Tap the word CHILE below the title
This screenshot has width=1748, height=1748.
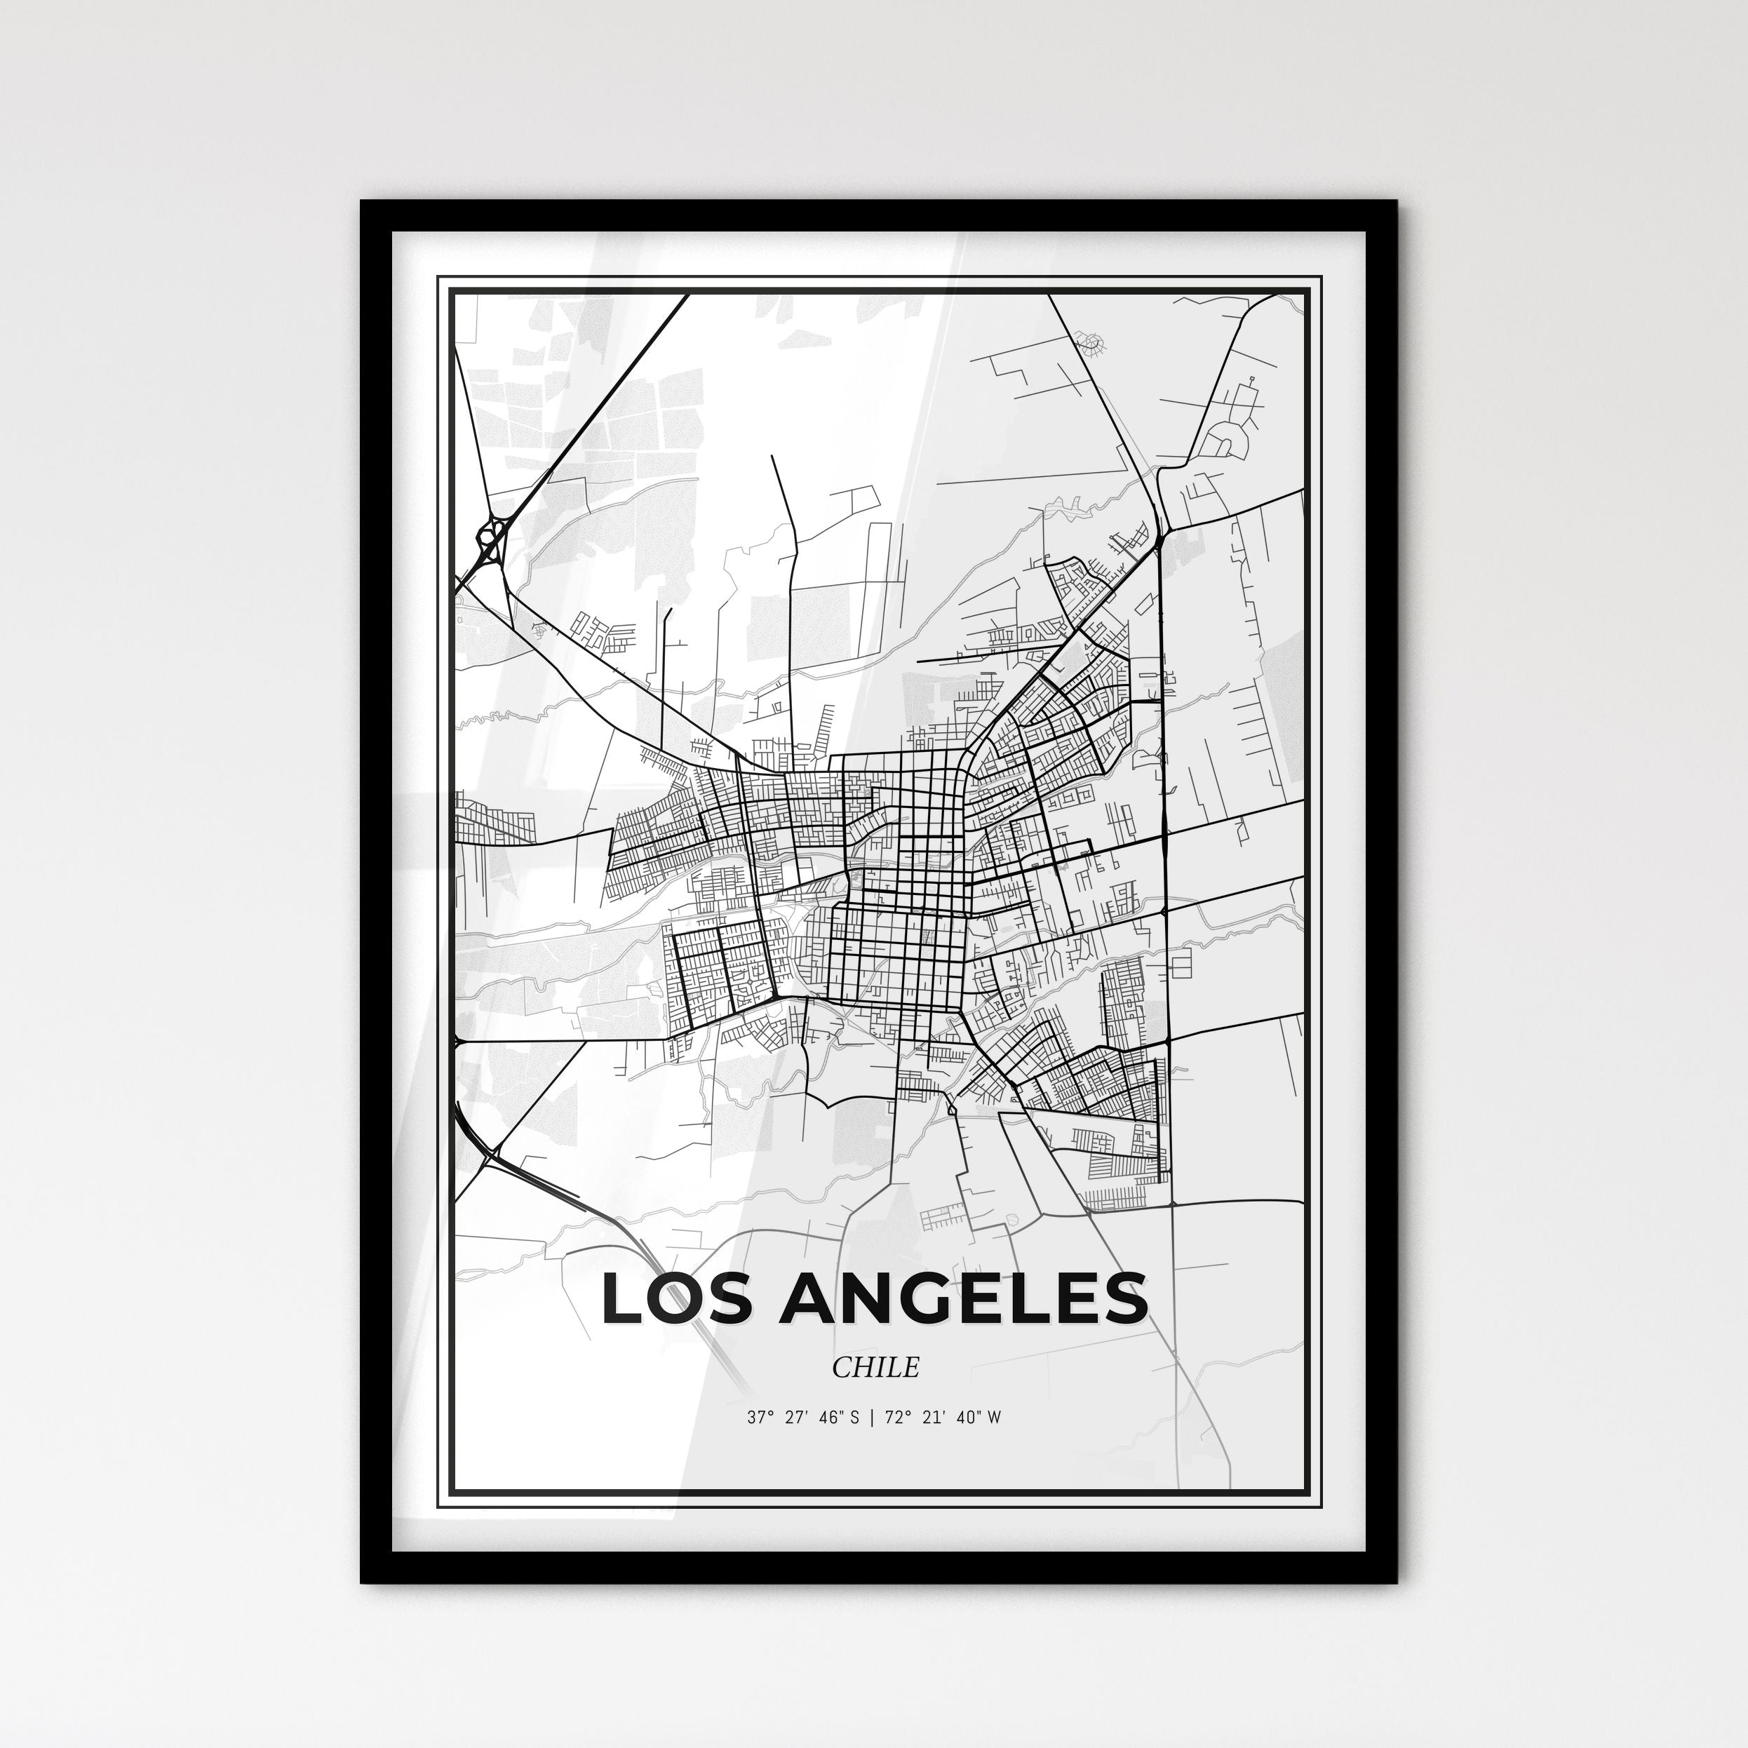point(875,1367)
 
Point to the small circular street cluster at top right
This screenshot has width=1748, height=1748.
point(1093,341)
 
